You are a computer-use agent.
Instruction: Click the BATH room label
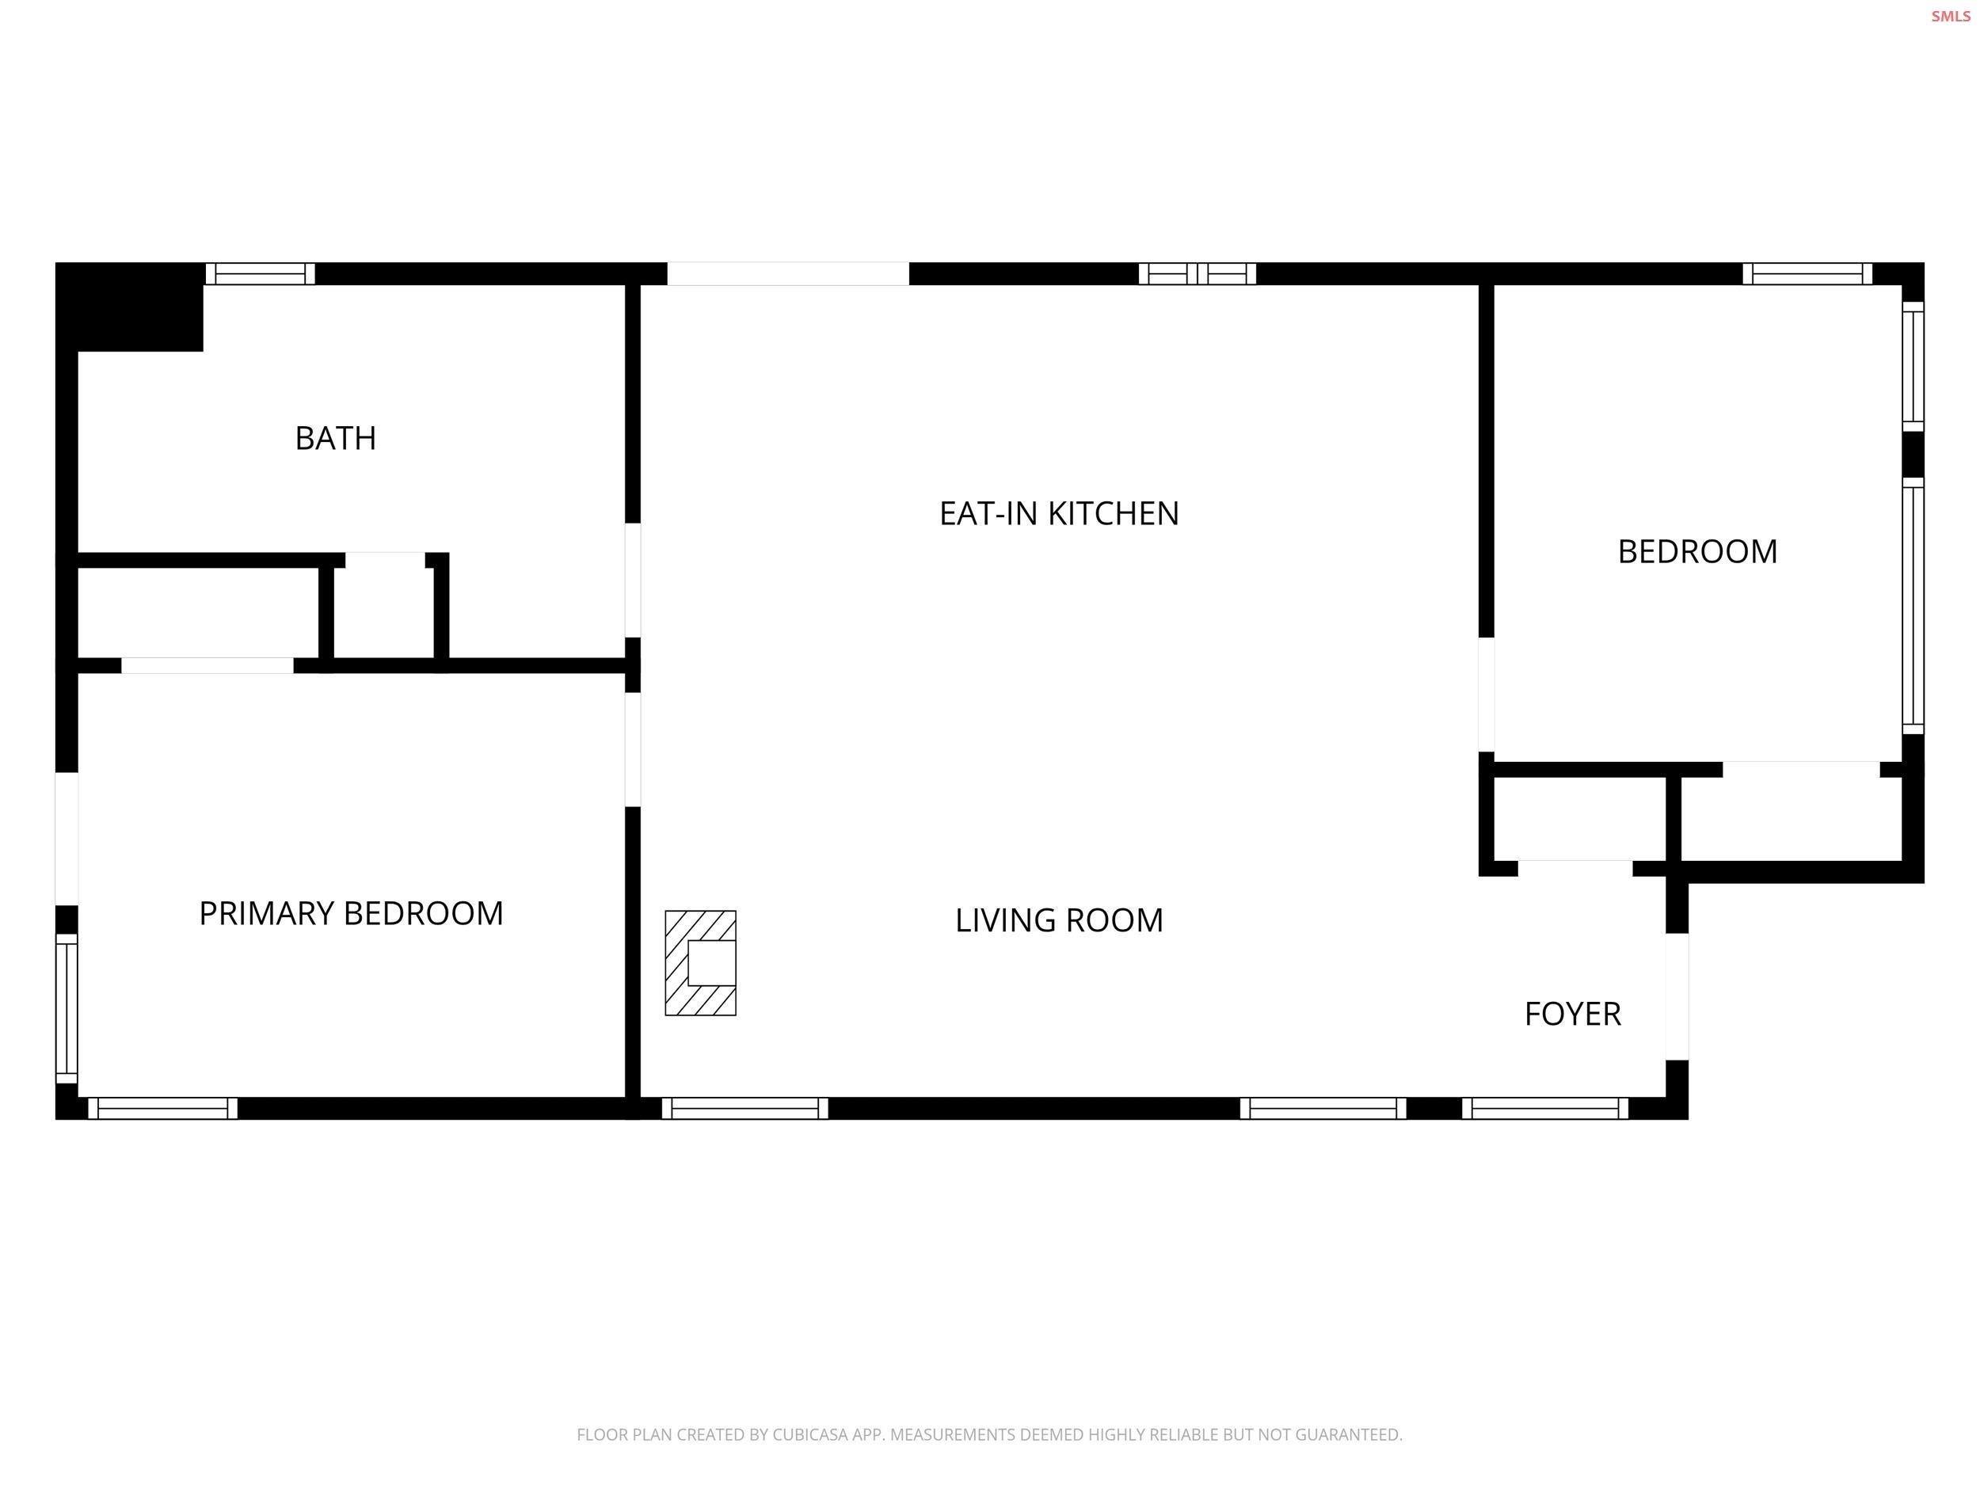point(336,439)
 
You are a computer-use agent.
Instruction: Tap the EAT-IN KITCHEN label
point(1059,514)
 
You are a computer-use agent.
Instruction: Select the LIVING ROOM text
point(1059,921)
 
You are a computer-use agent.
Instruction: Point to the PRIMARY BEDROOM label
point(351,914)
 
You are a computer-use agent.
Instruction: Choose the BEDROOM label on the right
point(1697,551)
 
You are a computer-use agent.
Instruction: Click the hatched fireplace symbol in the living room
point(701,963)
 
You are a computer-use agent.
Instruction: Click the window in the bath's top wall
point(261,274)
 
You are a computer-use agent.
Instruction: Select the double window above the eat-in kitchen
point(1198,274)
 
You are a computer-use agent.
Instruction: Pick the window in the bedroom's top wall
point(1807,274)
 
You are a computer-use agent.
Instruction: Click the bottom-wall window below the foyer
point(1546,1109)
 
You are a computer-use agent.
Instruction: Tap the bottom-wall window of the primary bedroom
point(163,1109)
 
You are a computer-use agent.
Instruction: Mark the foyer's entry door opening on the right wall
point(1677,996)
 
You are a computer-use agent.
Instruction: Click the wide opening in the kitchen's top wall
point(788,274)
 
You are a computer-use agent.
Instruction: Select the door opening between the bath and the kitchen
point(633,580)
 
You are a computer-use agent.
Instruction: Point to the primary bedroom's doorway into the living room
point(633,749)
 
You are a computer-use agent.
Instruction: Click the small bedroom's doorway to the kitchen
point(1486,695)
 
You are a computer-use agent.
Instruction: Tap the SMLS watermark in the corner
point(1950,16)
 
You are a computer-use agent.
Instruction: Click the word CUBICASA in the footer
point(809,1435)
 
